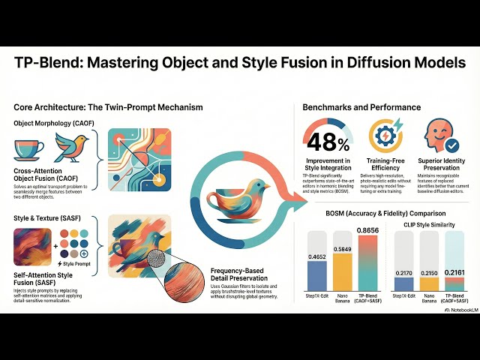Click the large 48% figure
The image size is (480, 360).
(328, 142)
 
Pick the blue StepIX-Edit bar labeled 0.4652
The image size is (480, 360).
(316, 276)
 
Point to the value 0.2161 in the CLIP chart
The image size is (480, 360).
(454, 271)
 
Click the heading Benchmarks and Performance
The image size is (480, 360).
(361, 107)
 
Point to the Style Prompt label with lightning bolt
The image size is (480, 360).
(72, 265)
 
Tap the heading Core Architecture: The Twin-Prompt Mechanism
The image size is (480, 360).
(108, 107)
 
